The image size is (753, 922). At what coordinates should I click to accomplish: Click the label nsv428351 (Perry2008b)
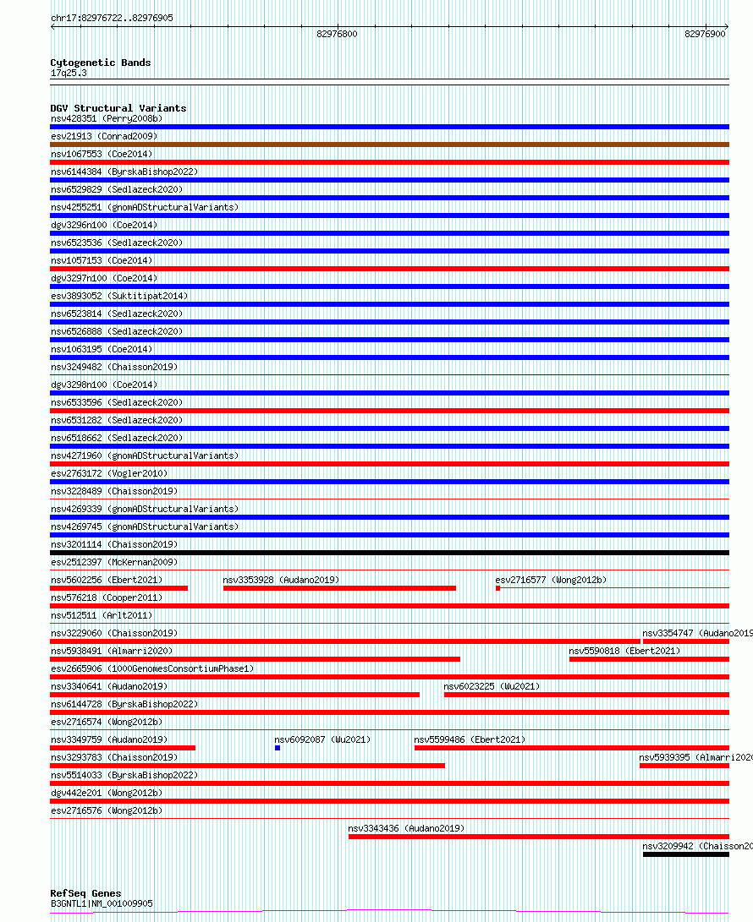click(x=106, y=118)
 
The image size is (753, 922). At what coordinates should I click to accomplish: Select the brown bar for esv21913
click(x=389, y=145)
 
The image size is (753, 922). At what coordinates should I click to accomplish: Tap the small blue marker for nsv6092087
click(x=277, y=748)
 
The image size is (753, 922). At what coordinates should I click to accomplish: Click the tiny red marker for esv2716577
click(x=497, y=588)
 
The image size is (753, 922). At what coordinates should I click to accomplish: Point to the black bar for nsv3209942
click(x=685, y=854)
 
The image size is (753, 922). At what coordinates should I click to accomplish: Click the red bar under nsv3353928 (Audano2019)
click(x=339, y=588)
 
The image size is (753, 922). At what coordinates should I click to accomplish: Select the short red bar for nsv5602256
click(x=118, y=588)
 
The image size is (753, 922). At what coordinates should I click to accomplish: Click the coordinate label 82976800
click(x=337, y=34)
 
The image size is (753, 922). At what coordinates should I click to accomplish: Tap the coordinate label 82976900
click(x=705, y=34)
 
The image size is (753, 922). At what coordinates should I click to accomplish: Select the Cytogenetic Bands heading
click(x=100, y=63)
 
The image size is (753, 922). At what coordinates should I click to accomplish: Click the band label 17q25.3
click(x=69, y=73)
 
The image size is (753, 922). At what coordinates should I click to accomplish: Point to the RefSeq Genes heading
click(x=85, y=893)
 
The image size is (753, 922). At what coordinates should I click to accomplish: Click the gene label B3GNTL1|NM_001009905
click(x=102, y=903)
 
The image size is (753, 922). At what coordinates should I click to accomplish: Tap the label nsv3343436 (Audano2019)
click(x=406, y=828)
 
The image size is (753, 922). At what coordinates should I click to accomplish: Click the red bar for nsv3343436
click(x=538, y=837)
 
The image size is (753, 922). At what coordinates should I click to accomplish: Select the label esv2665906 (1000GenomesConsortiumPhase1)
click(x=152, y=668)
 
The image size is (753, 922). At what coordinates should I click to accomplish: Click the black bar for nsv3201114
click(x=389, y=553)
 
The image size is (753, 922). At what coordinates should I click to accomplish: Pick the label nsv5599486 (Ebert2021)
click(x=470, y=739)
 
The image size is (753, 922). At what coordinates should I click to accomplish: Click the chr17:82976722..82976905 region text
click(x=112, y=18)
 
